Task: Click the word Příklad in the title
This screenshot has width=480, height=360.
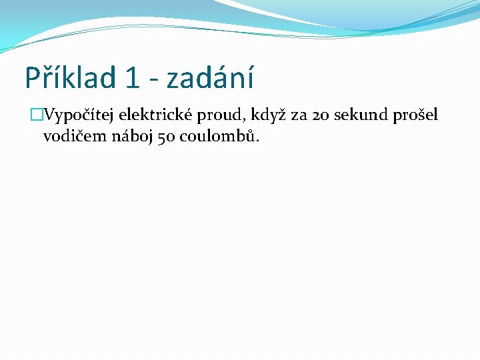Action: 71,78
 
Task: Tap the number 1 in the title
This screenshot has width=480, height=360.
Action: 131,78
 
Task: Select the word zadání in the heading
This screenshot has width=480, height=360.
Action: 210,78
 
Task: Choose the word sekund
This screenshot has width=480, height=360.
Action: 362,115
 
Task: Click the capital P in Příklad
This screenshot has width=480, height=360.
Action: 32,78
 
